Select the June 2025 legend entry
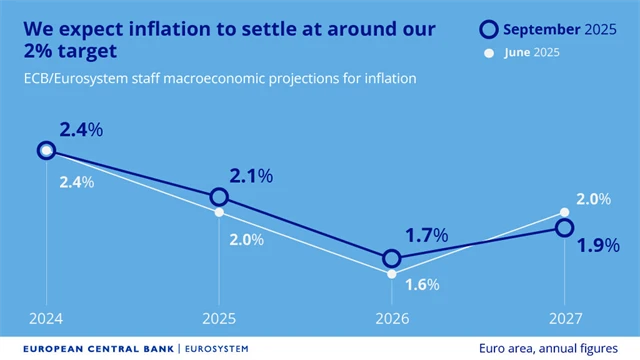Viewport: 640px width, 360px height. [x=532, y=52]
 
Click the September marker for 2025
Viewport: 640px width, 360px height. [x=219, y=198]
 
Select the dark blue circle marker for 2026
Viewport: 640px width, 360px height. [x=391, y=259]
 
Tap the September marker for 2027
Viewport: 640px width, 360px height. [x=564, y=228]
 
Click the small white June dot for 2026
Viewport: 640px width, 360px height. [x=391, y=273]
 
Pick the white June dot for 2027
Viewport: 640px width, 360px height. [x=564, y=212]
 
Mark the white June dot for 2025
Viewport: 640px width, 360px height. [x=219, y=212]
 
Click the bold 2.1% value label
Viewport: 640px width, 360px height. [x=250, y=176]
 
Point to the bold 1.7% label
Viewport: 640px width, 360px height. [x=426, y=236]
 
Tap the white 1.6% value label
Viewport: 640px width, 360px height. [x=423, y=284]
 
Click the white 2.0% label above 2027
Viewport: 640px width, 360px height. [x=593, y=199]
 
